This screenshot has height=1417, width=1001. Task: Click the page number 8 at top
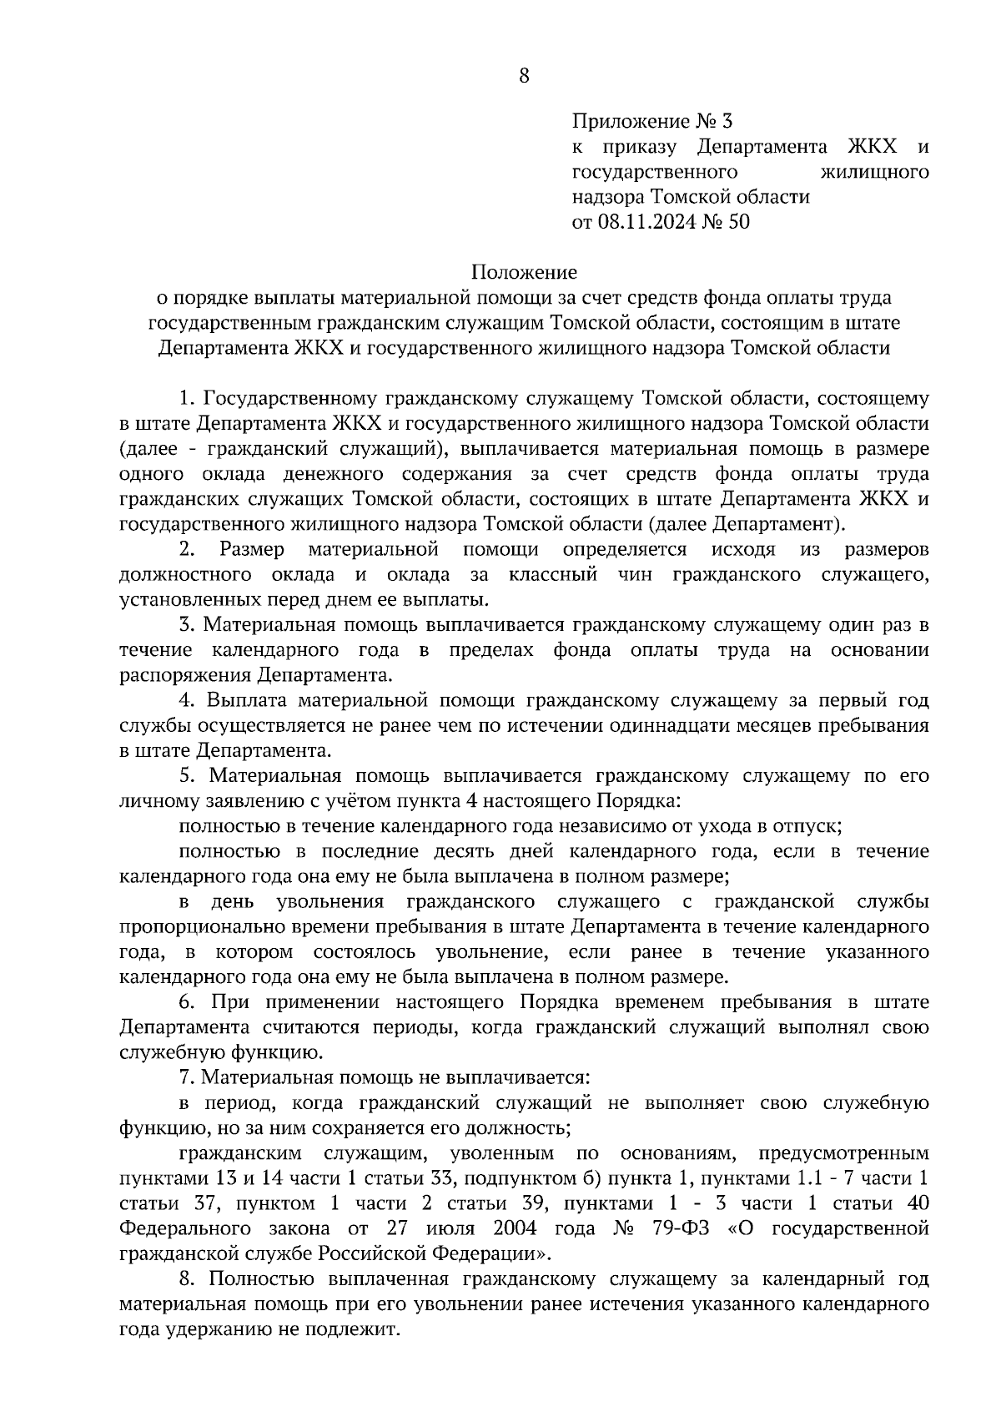pyautogui.click(x=524, y=77)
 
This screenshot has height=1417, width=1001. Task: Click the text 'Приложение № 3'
pyautogui.click(x=651, y=122)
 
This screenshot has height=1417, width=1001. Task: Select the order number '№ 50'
pyautogui.click(x=727, y=222)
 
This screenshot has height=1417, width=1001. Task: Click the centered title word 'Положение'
pyautogui.click(x=524, y=272)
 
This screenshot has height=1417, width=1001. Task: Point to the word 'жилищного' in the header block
pyautogui.click(x=875, y=172)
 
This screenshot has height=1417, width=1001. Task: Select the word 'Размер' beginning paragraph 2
pyautogui.click(x=252, y=549)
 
